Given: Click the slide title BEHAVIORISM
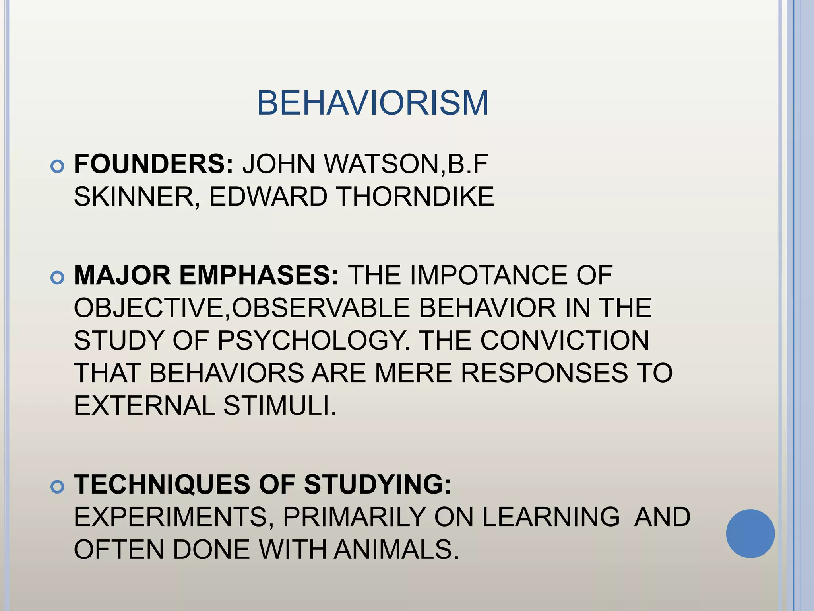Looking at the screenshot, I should coord(372,103).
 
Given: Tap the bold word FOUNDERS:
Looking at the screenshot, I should coord(154,164).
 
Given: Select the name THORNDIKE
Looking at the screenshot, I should coord(415,197).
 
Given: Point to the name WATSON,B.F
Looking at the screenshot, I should coord(406,164).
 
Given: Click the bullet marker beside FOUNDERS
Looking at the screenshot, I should coord(58,167).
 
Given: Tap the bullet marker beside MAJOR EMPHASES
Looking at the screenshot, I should coord(58,278).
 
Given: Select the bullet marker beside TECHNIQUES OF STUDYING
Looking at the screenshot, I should coord(58,487).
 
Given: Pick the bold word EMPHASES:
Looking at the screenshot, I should coord(259,275).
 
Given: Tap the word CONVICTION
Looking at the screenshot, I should coord(564,341).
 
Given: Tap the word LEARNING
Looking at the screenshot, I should coord(551,517).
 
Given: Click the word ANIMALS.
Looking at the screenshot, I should coord(396,550).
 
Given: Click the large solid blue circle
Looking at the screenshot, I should coord(750,533).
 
